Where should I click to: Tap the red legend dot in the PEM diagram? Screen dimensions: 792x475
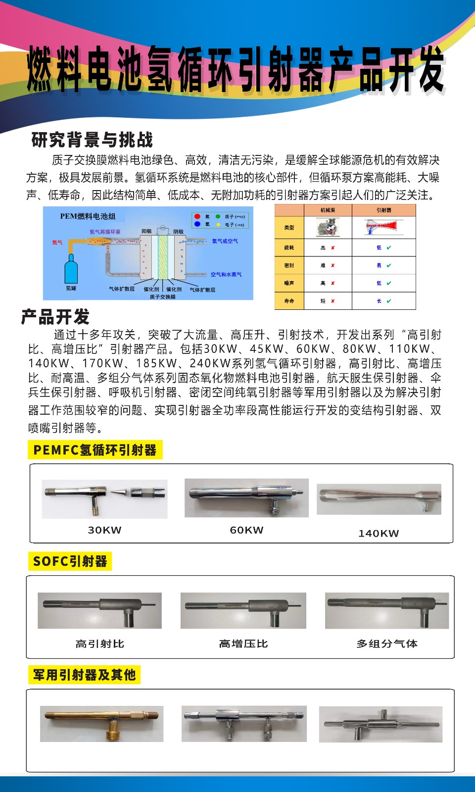click(197, 216)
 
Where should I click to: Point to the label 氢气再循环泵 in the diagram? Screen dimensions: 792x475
click(105, 232)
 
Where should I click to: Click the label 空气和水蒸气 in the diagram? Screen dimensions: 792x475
click(226, 274)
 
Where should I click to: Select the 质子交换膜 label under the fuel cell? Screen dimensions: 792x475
click(162, 297)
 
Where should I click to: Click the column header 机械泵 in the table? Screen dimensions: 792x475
click(328, 210)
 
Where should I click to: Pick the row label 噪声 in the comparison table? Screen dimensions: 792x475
click(289, 283)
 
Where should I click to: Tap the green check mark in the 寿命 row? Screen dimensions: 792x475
click(389, 301)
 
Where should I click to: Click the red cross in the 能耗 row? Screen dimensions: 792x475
click(333, 247)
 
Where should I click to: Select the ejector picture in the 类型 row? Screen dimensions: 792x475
click(384, 227)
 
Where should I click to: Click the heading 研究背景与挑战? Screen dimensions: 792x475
click(92, 140)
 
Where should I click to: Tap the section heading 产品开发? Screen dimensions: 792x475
click(55, 317)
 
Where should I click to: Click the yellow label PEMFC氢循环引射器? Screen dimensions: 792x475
click(95, 450)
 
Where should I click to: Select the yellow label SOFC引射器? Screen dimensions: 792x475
click(70, 561)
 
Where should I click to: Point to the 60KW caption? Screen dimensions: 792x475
click(246, 530)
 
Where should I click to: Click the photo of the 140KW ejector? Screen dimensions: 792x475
click(379, 499)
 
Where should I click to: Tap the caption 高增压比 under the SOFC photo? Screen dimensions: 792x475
click(243, 643)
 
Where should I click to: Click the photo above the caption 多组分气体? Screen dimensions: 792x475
click(387, 610)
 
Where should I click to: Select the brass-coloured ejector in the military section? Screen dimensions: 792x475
click(101, 723)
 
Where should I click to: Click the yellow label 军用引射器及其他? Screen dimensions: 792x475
click(84, 675)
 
